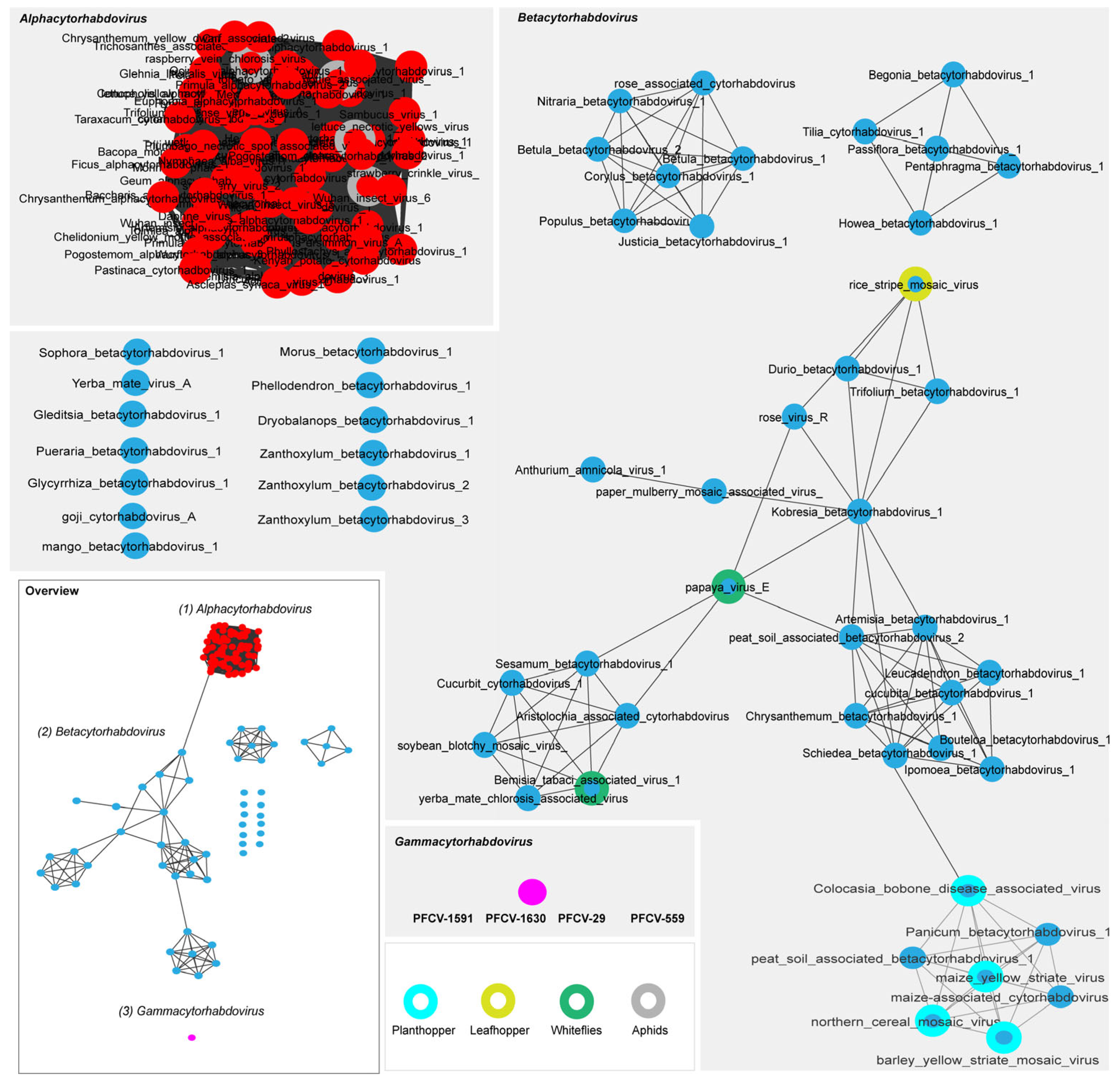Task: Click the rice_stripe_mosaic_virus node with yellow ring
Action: (915, 284)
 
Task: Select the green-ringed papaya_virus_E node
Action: (729, 587)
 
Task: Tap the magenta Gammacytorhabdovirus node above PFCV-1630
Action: (532, 892)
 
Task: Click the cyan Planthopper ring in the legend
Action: (420, 1001)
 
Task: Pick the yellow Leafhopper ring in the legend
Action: (498, 1001)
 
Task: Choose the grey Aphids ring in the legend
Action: (648, 1001)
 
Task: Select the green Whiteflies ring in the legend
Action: (576, 1001)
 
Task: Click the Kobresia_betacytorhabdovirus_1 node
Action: (860, 511)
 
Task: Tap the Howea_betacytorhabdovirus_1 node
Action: (920, 223)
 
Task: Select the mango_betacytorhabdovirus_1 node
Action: (136, 546)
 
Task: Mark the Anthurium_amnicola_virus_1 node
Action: (593, 469)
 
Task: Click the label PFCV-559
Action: (657, 918)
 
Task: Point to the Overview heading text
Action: (52, 590)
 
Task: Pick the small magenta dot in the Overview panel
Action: (191, 1037)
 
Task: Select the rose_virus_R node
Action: (794, 417)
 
